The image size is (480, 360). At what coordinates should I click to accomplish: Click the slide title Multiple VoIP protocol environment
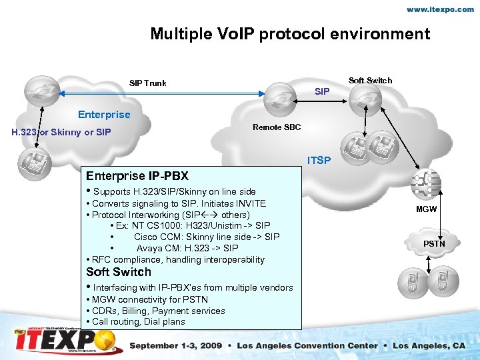pyautogui.click(x=290, y=34)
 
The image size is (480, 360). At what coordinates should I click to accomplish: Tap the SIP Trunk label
pyautogui.click(x=147, y=83)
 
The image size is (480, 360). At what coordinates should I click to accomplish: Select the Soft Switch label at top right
pyautogui.click(x=371, y=81)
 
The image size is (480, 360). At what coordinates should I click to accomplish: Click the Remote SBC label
pyautogui.click(x=277, y=127)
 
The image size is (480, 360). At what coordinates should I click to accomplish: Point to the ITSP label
pyautogui.click(x=318, y=161)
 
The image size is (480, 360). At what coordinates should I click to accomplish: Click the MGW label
pyautogui.click(x=427, y=209)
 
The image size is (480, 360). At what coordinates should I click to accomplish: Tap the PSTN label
pyautogui.click(x=434, y=244)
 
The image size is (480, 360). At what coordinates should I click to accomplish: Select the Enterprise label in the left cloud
pyautogui.click(x=104, y=114)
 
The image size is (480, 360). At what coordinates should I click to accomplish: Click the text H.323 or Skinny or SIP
pyautogui.click(x=61, y=132)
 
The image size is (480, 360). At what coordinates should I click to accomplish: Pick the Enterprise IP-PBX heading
pyautogui.click(x=137, y=176)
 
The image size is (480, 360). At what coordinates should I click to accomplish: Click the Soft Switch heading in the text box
pyautogui.click(x=119, y=272)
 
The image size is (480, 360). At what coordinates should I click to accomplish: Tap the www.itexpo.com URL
pyautogui.click(x=441, y=10)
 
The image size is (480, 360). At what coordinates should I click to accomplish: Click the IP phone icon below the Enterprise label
pyautogui.click(x=31, y=161)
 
